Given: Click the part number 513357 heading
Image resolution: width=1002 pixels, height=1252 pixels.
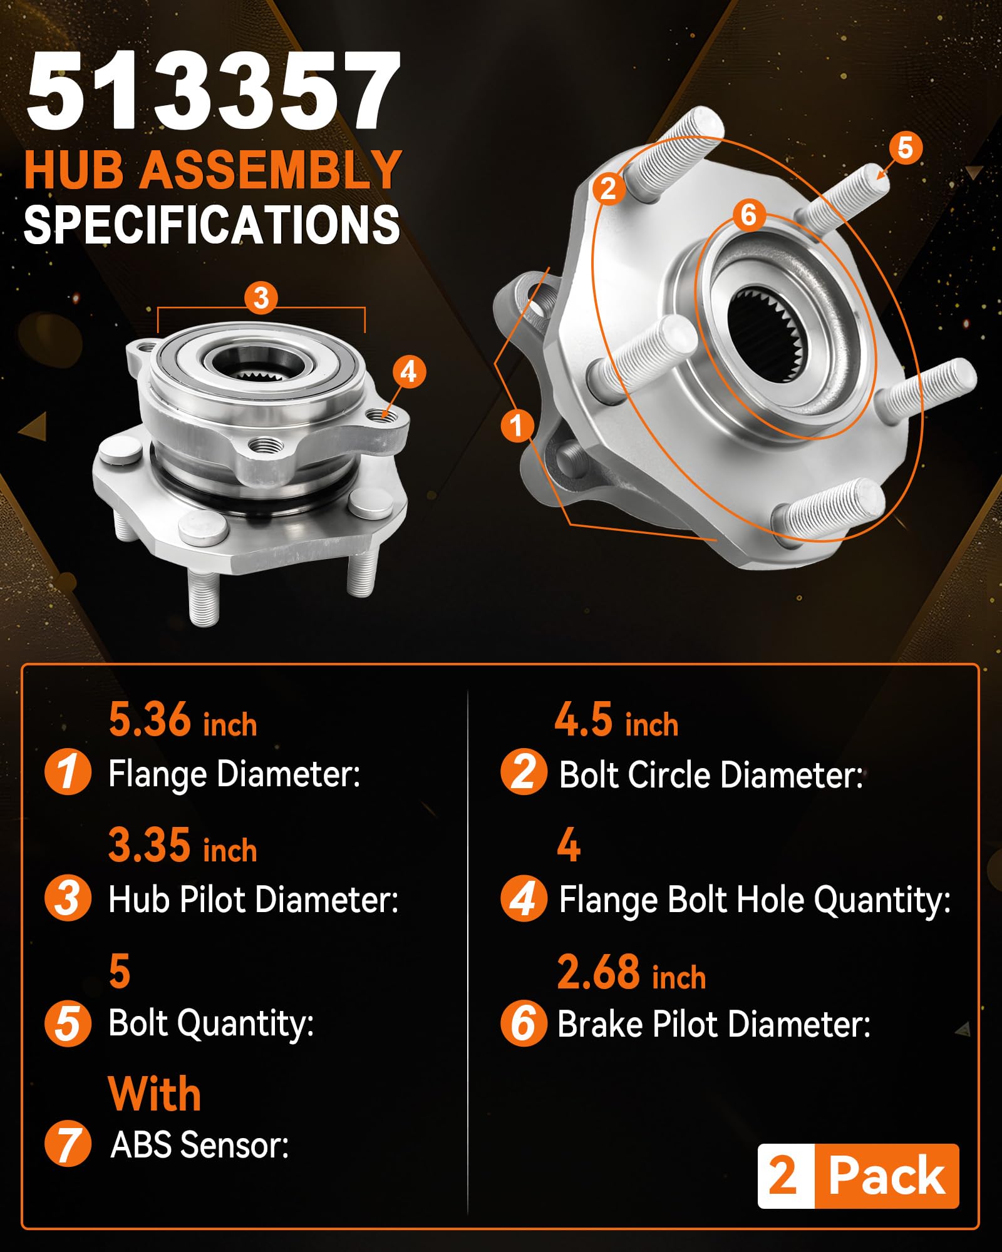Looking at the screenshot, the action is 213,91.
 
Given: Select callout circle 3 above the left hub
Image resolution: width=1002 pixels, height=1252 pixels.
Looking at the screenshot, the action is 261,298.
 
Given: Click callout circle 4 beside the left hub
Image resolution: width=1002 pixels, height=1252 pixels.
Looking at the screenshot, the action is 408,372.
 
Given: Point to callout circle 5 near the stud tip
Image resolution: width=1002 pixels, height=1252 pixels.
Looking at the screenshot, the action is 906,148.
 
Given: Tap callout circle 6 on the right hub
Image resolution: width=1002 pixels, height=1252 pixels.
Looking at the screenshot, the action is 749,215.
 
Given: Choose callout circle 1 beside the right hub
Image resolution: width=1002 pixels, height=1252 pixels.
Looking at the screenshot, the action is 517,426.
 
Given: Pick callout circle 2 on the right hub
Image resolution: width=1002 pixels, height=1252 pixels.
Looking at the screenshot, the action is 607,188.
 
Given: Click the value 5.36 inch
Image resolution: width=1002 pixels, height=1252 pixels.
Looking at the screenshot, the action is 183,720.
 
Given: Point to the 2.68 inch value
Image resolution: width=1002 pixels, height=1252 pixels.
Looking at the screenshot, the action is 631,972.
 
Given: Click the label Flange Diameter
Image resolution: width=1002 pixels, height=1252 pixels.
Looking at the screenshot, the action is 234,774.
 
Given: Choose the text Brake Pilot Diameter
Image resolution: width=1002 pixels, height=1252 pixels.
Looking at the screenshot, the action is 714,1025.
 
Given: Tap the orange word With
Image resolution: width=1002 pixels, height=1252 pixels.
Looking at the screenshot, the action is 155,1094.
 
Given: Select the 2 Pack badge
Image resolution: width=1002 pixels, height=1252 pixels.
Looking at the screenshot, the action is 858,1176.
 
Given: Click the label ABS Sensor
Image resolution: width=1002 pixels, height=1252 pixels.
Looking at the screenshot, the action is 200,1145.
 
